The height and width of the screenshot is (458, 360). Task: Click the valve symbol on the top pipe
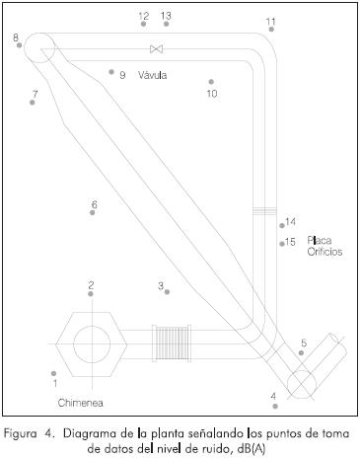[x=156, y=49]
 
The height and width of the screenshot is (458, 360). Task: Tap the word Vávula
[x=152, y=75]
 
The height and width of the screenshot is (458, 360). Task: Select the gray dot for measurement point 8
[x=19, y=44]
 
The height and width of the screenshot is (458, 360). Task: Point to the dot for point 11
[x=271, y=29]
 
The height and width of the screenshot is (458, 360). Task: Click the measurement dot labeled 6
[x=93, y=212]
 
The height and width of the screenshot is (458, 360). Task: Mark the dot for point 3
[x=167, y=292]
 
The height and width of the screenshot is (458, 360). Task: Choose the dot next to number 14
[x=282, y=225]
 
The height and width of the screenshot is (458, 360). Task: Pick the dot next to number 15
[x=282, y=244]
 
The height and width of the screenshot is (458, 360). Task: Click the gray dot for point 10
[x=211, y=82]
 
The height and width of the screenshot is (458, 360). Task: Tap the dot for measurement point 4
[x=275, y=406]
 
